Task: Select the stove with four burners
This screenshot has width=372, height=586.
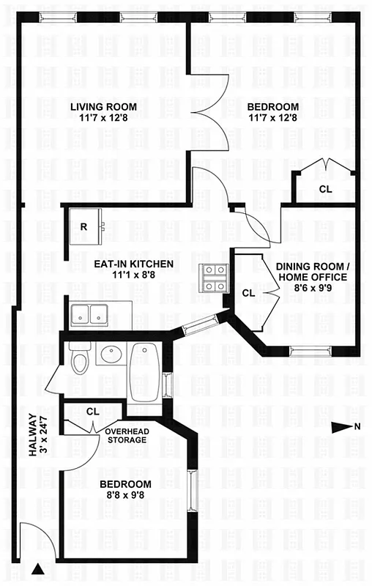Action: coord(215,277)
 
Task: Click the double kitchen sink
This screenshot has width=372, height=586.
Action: coord(90,314)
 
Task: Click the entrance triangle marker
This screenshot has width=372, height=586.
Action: coord(38,568)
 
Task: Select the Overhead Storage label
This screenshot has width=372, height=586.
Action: coord(127,436)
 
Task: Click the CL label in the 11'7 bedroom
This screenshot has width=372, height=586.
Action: coord(324,189)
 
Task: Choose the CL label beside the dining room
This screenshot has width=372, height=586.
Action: coord(248,293)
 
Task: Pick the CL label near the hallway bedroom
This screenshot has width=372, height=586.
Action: coord(92,412)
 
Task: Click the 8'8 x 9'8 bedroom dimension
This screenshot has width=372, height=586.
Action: coord(125,496)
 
